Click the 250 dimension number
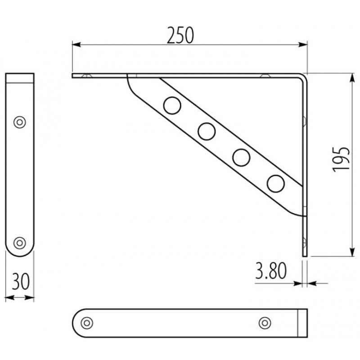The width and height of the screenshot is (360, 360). tap(180, 36)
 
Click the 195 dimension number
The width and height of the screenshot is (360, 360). tap(341, 159)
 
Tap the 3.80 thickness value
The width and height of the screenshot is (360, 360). tap(271, 271)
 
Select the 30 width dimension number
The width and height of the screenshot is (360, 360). tap(21, 281)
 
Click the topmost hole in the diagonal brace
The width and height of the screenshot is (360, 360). tap(172, 105)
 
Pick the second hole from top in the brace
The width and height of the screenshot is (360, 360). tap(207, 131)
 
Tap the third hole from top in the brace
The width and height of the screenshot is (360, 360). tap(241, 157)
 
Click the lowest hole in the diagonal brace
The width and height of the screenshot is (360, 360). tap(276, 184)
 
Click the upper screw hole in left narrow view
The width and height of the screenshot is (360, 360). tap(19, 122)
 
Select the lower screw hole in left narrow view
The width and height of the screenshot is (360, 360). tap(19, 243)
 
